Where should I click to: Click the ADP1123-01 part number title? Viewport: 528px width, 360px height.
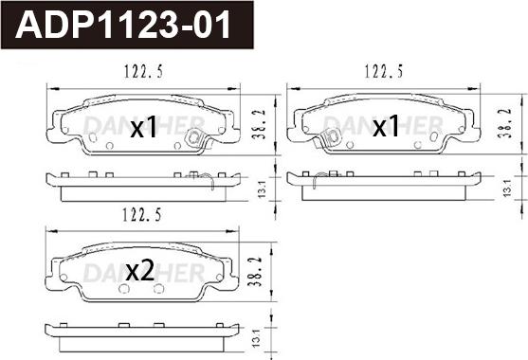pyautogui.click(x=123, y=25)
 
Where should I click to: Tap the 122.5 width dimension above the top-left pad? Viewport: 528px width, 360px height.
pyautogui.click(x=144, y=71)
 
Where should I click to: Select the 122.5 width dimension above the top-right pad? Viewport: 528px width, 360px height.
pyautogui.click(x=384, y=71)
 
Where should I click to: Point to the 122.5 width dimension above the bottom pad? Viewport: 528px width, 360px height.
pyautogui.click(x=142, y=215)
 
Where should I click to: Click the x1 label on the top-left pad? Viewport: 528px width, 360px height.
pyautogui.click(x=144, y=127)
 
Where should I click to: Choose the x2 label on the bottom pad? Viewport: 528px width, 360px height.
pyautogui.click(x=140, y=271)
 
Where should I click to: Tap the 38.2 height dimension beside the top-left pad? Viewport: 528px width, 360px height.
pyautogui.click(x=261, y=124)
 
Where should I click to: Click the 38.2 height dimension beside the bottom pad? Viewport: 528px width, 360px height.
pyautogui.click(x=256, y=271)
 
